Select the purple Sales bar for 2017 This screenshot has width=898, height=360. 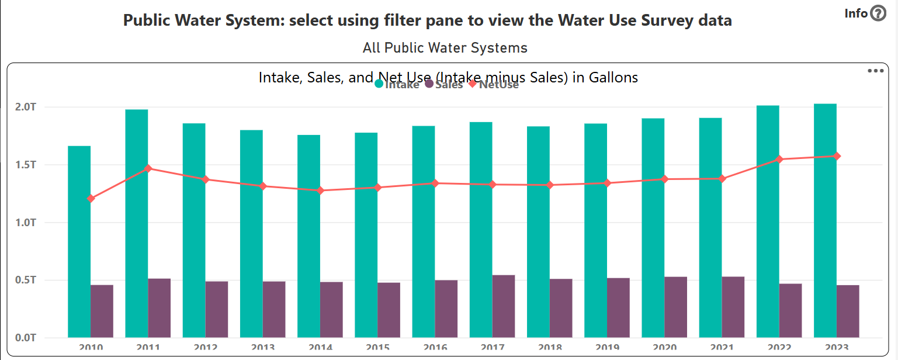tap(503, 306)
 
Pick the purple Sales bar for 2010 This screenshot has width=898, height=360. tap(102, 311)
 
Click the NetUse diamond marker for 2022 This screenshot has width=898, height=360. tap(779, 159)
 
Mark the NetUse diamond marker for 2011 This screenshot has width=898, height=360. tap(148, 168)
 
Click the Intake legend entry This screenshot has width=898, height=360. tap(397, 85)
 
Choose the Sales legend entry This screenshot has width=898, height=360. tap(444, 85)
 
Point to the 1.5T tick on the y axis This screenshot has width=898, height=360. tap(26, 165)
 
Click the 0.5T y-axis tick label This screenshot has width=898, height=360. tap(26, 280)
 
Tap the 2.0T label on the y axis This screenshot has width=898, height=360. tap(26, 108)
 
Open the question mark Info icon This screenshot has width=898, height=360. tap(878, 13)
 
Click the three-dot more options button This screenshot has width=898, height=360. tap(875, 71)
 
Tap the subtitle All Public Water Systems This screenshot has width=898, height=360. tap(445, 48)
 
